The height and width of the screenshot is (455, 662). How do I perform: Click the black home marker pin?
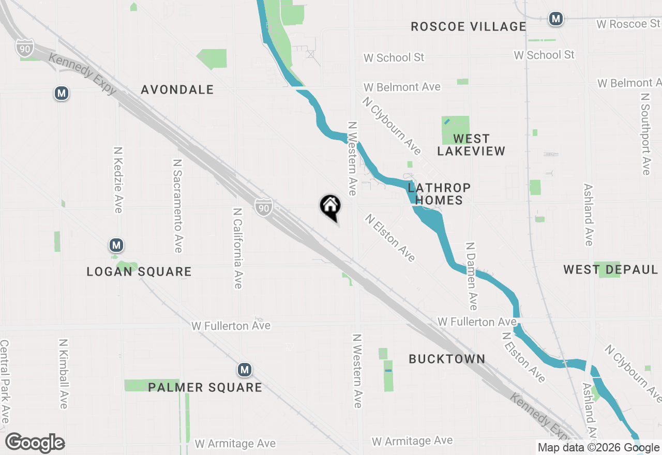330,206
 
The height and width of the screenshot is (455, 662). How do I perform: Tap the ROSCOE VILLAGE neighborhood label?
468,26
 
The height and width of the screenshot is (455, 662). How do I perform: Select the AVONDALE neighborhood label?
177,89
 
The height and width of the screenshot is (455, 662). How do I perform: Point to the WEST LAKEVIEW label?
471,145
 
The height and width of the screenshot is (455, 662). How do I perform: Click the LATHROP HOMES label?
439,194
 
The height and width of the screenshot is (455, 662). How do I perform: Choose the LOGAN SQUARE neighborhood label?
139,271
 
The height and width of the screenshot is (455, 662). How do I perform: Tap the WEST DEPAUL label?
610,269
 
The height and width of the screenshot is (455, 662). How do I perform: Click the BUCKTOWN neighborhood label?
447,359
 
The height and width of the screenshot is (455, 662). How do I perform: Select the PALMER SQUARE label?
205,387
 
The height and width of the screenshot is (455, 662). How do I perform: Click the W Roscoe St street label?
628,24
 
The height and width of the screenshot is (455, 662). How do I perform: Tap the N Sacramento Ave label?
177,205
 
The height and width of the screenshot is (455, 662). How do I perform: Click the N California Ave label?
237,248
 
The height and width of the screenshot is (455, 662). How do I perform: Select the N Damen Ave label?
471,276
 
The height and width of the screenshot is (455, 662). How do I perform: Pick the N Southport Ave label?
645,134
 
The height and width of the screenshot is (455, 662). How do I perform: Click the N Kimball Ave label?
64,374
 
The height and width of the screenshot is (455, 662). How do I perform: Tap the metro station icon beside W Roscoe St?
556,19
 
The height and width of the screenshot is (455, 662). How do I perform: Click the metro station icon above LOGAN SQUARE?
116,245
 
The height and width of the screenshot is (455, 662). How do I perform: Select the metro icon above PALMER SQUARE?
245,370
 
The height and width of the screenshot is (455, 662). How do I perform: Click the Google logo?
35,443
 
